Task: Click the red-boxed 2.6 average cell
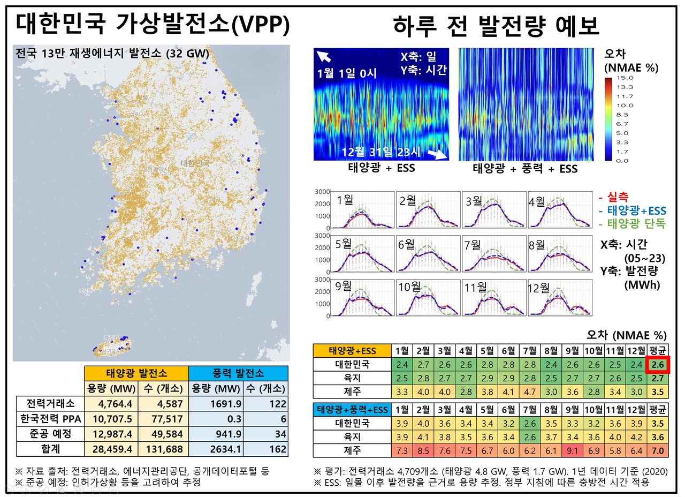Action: coord(658,365)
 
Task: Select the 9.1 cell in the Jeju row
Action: coord(572,450)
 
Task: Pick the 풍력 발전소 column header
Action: coord(238,373)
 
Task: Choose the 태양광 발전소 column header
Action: coord(136,373)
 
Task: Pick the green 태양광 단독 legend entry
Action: coord(633,224)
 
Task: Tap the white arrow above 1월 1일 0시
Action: coord(324,57)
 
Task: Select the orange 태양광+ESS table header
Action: coord(352,351)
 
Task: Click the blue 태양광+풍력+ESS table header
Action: coord(352,410)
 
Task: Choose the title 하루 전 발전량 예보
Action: coord(496,25)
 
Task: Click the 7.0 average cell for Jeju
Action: coord(658,450)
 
